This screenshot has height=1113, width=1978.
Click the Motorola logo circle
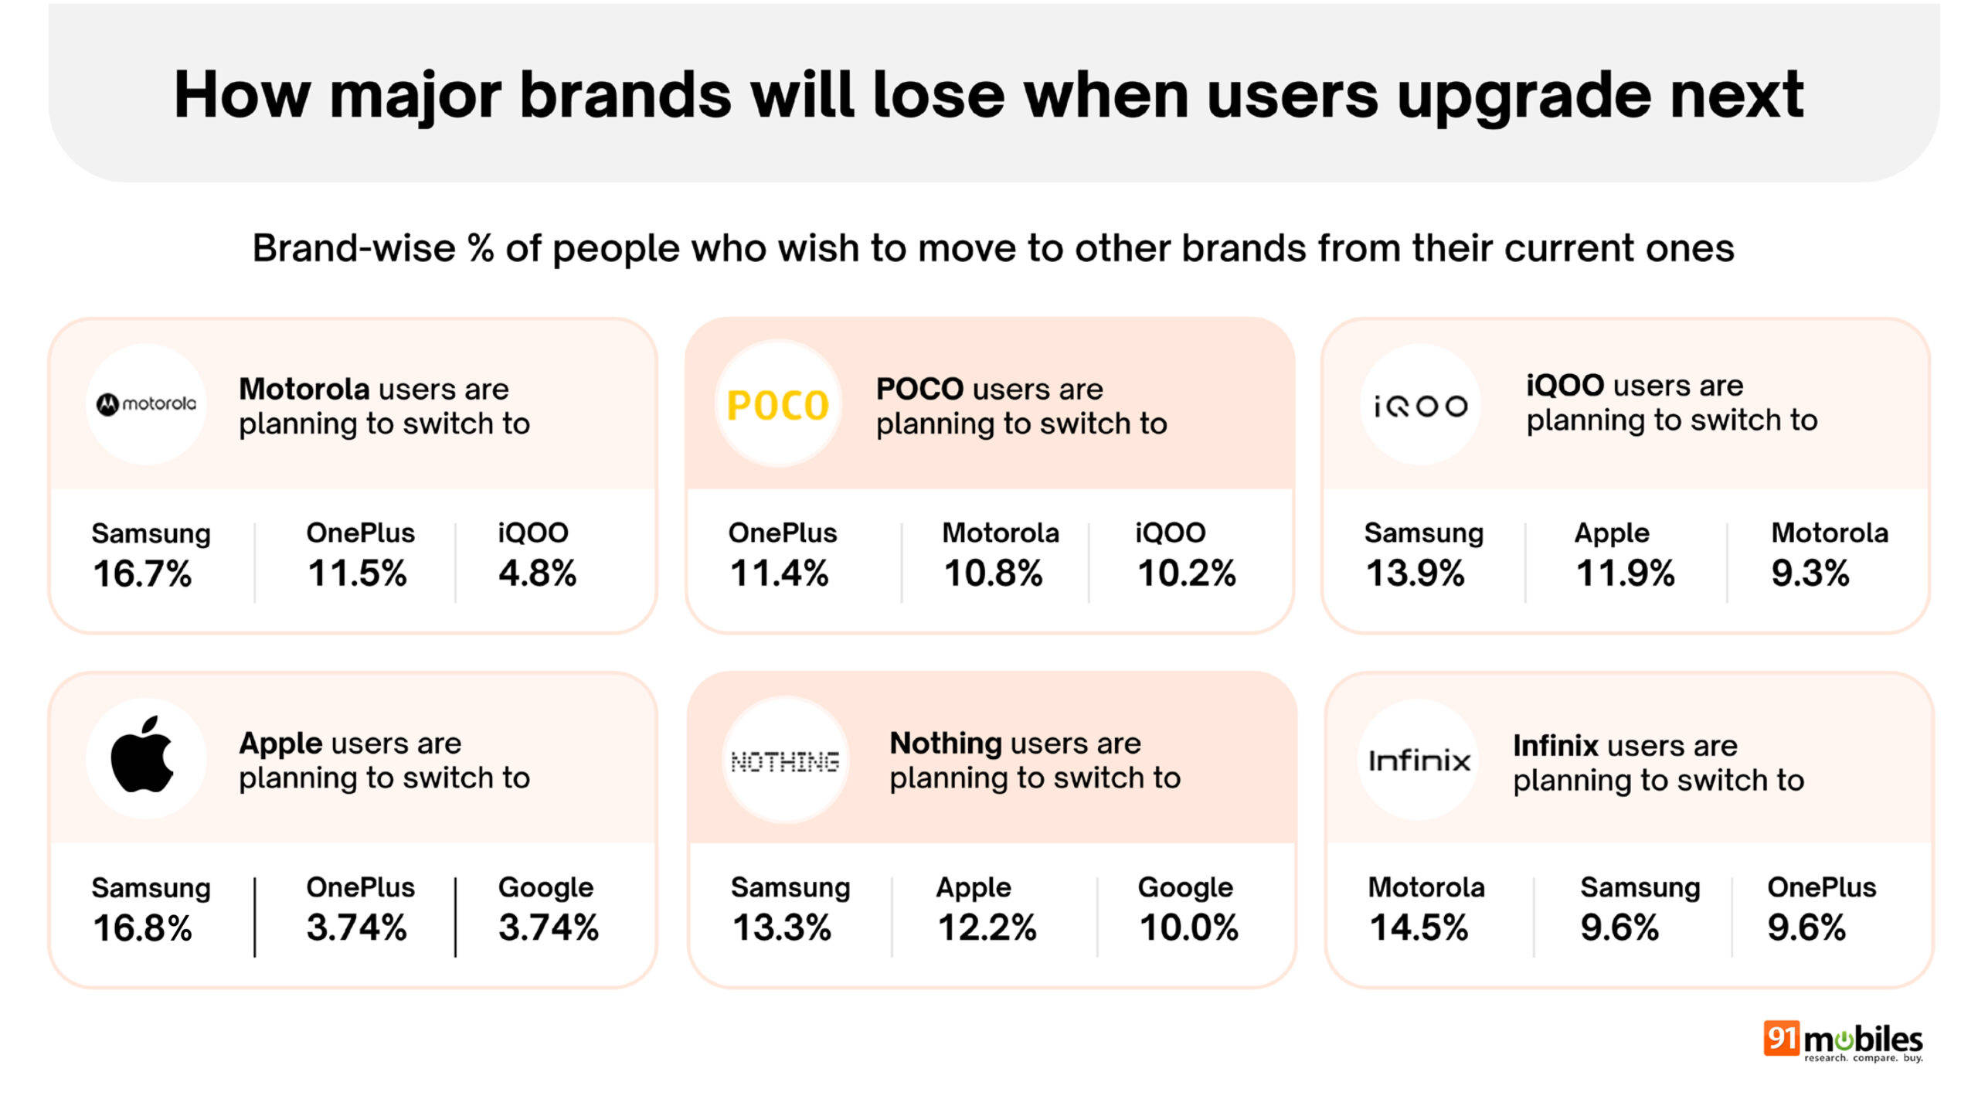click(146, 403)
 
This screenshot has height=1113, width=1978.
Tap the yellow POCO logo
click(778, 404)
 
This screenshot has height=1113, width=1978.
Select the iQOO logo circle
click(1420, 405)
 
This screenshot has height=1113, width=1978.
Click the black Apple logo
click(143, 755)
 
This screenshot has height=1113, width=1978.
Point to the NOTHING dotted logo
click(785, 761)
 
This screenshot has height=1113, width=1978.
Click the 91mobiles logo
click(1842, 1041)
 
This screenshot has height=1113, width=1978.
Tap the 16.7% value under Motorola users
click(142, 574)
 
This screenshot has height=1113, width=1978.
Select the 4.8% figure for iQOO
click(537, 574)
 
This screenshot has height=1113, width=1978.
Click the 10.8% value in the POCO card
click(993, 574)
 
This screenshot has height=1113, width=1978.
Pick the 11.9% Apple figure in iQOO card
click(1625, 574)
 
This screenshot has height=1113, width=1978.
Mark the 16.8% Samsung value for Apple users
click(142, 927)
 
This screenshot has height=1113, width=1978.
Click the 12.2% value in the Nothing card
click(987, 927)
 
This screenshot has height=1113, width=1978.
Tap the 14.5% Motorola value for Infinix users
click(1419, 927)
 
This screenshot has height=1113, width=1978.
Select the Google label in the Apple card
click(545, 887)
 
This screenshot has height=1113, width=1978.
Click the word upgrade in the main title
click(1523, 97)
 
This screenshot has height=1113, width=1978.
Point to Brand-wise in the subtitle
click(354, 249)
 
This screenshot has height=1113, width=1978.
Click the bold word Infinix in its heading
click(1555, 746)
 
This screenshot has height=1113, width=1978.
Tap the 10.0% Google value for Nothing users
click(1188, 927)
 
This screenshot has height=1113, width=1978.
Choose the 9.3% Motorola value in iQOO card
click(1810, 574)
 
